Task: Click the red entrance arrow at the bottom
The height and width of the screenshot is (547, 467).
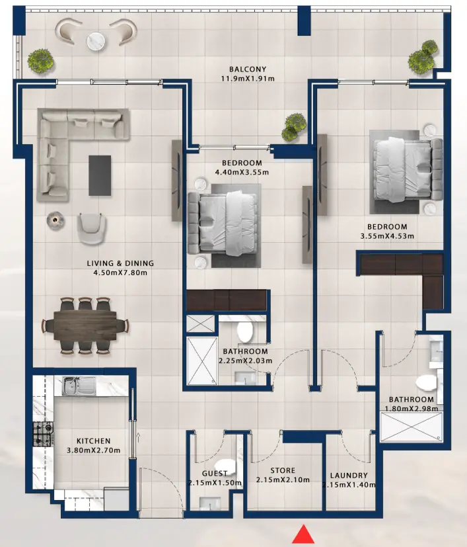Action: click(303, 534)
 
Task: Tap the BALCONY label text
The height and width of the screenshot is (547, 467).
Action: click(248, 69)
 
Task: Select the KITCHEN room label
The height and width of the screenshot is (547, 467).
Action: click(93, 441)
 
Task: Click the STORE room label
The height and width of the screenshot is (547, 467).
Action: click(283, 471)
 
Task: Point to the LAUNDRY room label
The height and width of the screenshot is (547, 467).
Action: click(348, 476)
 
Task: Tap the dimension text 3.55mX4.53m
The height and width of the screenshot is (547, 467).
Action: click(388, 235)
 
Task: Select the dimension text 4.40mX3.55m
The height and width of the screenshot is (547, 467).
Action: click(242, 173)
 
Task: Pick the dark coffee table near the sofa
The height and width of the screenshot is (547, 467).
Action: click(100, 175)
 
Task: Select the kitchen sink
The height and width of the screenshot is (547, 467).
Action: click(79, 386)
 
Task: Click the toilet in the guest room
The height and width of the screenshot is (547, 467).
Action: click(225, 468)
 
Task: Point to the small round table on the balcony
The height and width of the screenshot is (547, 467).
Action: click(96, 41)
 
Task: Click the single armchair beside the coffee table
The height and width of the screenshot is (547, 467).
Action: click(92, 227)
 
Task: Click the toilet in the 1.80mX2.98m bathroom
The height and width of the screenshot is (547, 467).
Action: click(427, 383)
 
